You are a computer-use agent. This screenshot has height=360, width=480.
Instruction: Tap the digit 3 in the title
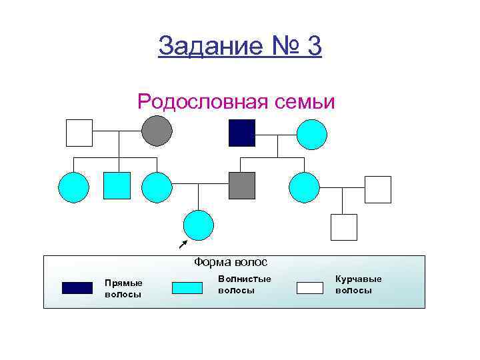(313, 46)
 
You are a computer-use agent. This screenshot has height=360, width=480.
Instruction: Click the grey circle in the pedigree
(157, 131)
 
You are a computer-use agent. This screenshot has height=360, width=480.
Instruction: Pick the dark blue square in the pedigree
(242, 133)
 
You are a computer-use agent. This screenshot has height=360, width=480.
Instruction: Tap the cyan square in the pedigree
(117, 185)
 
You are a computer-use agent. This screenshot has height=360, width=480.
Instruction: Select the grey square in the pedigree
(242, 185)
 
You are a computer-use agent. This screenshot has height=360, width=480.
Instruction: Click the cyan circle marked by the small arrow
(199, 225)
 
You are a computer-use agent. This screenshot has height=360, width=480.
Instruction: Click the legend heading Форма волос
(231, 262)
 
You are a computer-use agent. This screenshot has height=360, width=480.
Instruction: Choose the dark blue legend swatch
(77, 288)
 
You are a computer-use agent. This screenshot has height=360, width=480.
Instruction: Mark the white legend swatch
(309, 288)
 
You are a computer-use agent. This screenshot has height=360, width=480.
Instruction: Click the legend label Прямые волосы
(123, 289)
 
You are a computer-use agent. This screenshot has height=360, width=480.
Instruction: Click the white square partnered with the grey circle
(79, 133)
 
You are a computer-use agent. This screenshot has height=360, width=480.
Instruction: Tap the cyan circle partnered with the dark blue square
(311, 134)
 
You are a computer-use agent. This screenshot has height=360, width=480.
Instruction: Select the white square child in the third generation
(344, 227)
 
